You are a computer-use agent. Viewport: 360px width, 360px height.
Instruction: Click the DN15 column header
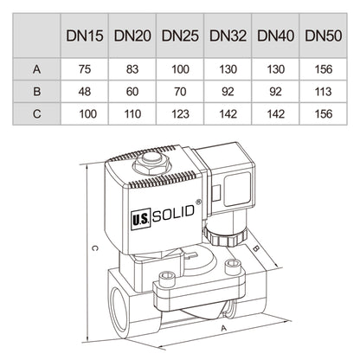(x=84, y=37)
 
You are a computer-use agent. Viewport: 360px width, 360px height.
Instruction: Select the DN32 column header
(x=226, y=37)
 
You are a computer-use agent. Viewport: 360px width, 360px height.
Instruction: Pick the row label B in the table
(x=35, y=89)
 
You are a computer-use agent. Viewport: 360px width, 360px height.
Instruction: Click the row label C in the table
(x=35, y=112)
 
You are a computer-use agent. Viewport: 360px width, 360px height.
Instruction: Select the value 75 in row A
(x=84, y=66)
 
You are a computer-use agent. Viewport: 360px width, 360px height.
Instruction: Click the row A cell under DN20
(x=132, y=66)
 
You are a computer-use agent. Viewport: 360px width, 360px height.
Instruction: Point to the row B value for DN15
(x=84, y=89)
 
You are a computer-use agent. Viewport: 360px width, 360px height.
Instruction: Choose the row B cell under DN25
(x=179, y=89)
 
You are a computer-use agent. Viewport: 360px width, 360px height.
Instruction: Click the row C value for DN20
(x=132, y=112)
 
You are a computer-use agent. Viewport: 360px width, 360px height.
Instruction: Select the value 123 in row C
(x=179, y=112)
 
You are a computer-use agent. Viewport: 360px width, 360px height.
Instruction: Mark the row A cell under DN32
(x=226, y=66)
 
